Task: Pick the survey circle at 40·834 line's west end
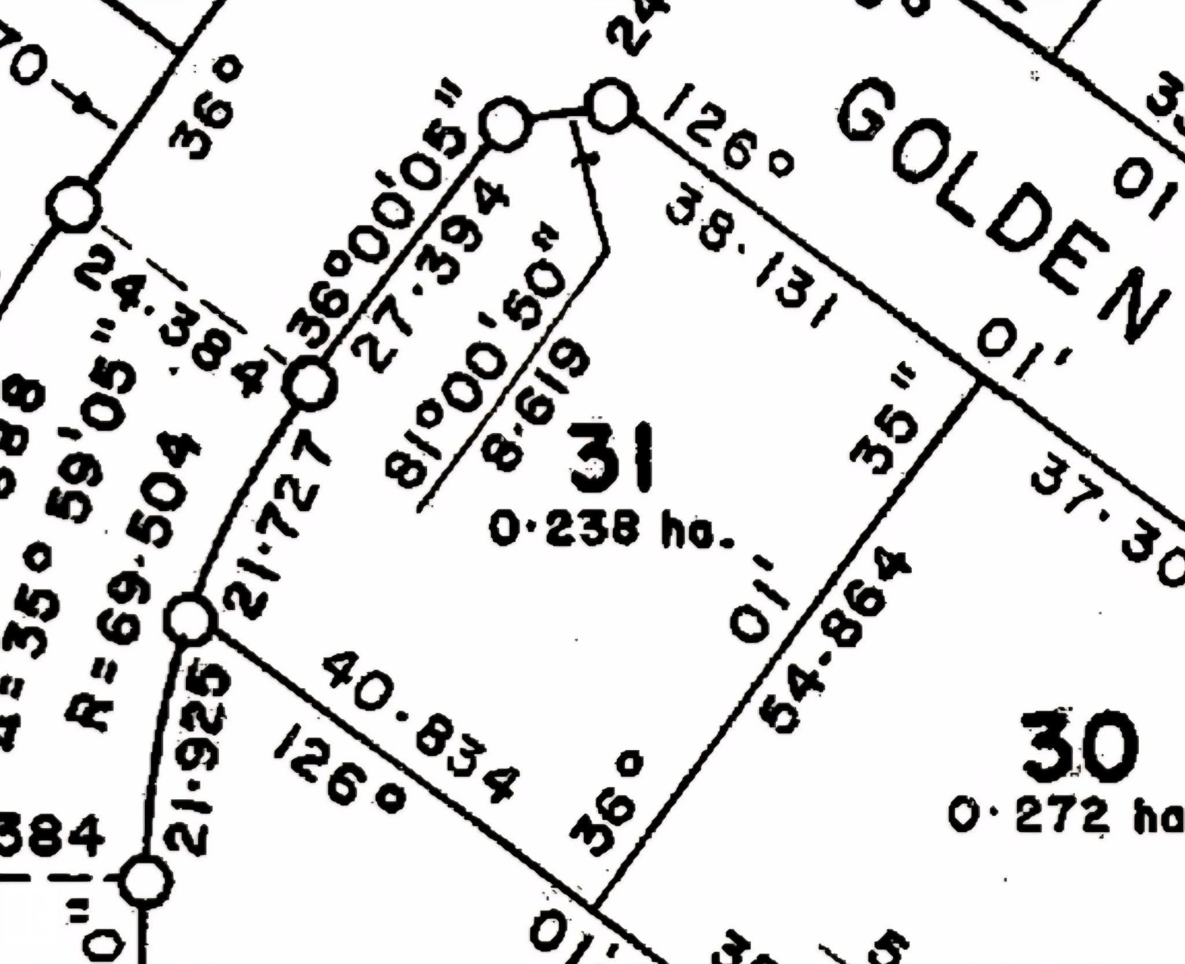192,619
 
